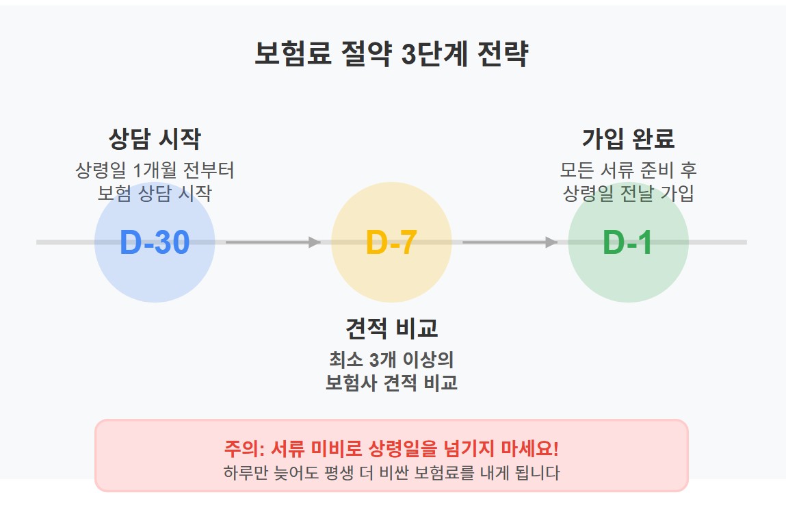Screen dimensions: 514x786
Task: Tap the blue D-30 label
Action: click(155, 243)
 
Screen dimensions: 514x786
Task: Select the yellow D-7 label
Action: click(391, 243)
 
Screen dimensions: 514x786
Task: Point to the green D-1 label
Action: click(627, 243)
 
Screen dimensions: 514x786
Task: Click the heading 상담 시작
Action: click(155, 140)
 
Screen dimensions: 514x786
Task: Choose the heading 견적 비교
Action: click(391, 329)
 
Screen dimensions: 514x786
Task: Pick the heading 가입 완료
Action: click(628, 139)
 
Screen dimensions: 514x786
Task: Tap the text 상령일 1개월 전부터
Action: click(155, 170)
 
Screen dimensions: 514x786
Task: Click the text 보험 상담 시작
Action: click(155, 194)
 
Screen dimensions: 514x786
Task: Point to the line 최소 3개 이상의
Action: click(391, 359)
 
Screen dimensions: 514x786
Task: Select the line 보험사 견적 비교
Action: click(391, 383)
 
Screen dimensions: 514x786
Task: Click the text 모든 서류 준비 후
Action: click(628, 170)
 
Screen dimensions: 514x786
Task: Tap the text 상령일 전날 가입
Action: click(628, 194)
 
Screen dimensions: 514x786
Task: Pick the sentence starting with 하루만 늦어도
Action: click(391, 473)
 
